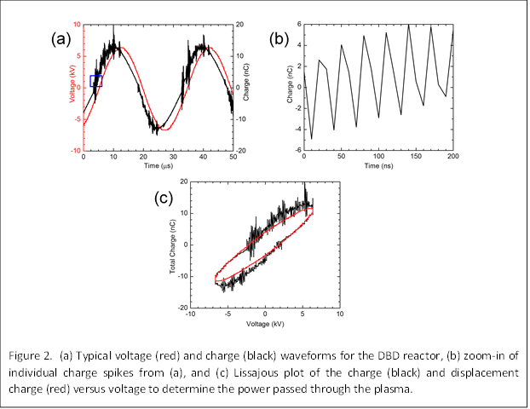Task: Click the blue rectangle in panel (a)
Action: [95, 81]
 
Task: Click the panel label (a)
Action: [60, 38]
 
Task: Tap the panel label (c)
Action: [164, 199]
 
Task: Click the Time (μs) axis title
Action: [158, 167]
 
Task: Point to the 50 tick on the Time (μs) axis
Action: [233, 158]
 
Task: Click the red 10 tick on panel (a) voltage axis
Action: [77, 25]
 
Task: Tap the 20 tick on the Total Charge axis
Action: [183, 182]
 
